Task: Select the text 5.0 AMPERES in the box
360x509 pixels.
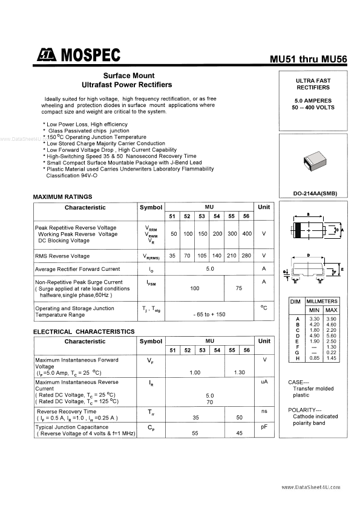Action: [312, 100]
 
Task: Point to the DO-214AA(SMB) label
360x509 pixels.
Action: [313, 193]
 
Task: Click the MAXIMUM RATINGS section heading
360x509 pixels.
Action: [62, 197]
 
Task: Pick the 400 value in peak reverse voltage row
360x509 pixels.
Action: [246, 234]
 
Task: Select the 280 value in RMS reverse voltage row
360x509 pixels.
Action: [246, 256]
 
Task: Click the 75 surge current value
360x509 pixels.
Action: [238, 289]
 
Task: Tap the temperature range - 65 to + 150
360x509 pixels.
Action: [209, 314]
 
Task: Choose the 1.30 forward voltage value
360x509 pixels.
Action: [239, 373]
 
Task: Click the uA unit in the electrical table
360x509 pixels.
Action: [264, 382]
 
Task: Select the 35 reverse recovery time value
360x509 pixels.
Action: [195, 418]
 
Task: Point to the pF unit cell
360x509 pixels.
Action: [264, 427]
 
